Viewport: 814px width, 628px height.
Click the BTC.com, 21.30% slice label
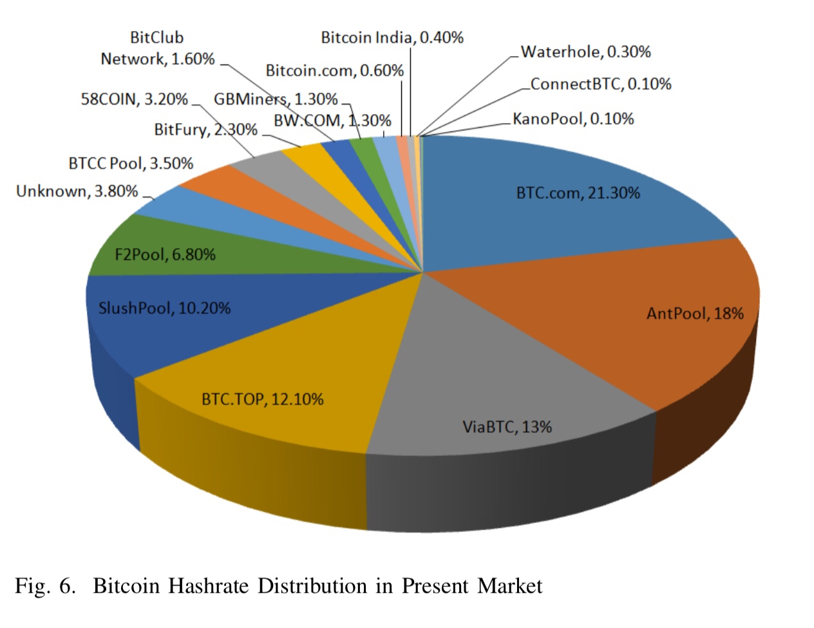[x=578, y=193]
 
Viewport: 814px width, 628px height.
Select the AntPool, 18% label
[x=695, y=314]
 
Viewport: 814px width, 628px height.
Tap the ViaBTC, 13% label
[x=507, y=427]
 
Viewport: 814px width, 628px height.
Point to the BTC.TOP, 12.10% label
[x=262, y=399]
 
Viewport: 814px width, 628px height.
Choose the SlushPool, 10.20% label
[x=164, y=309]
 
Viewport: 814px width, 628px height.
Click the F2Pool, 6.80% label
[x=165, y=255]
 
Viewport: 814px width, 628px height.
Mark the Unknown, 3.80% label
[x=77, y=191]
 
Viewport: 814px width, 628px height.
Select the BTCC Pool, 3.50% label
[x=131, y=164]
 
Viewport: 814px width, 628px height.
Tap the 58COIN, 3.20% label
[x=134, y=99]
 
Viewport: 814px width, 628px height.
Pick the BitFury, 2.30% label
[x=205, y=130]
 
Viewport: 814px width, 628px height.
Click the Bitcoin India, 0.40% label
[x=392, y=38]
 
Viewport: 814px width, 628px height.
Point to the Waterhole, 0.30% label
[x=585, y=52]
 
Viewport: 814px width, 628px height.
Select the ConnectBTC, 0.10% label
[x=601, y=84]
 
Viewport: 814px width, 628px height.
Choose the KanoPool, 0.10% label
[x=573, y=119]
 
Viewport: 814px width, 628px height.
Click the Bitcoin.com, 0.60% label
[x=334, y=71]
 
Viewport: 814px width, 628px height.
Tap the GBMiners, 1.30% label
[x=276, y=99]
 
